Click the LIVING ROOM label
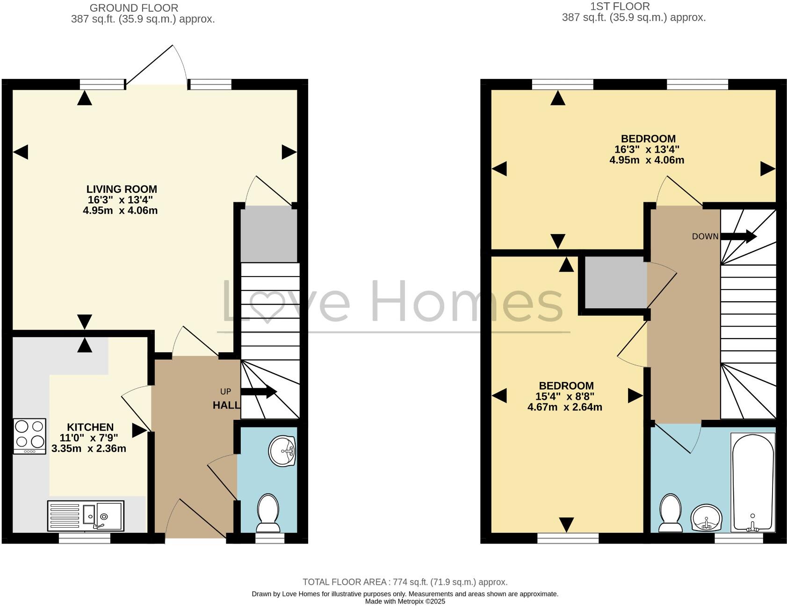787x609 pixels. [x=122, y=189]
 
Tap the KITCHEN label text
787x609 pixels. [x=90, y=427]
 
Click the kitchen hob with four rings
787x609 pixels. [x=30, y=435]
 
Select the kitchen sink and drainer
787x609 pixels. [x=86, y=516]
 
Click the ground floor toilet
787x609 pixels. [x=268, y=513]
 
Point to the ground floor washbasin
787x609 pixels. [x=282, y=451]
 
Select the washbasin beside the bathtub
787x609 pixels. [x=707, y=517]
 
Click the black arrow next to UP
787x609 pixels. [x=259, y=391]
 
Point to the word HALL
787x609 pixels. [x=226, y=405]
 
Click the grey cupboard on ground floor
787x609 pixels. [x=269, y=235]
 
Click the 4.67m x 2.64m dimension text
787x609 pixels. [x=565, y=407]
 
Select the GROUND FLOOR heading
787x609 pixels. [x=134, y=8]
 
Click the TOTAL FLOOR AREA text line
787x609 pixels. [x=405, y=582]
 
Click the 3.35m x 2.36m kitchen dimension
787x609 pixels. [x=89, y=449]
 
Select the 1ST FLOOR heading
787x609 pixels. [x=620, y=7]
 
